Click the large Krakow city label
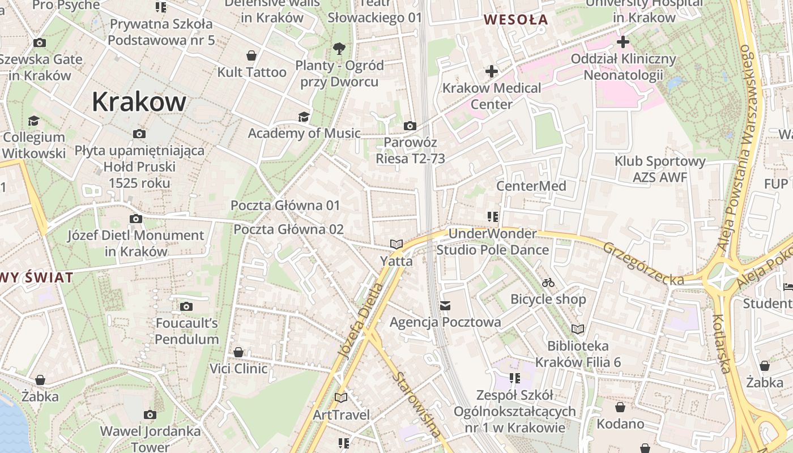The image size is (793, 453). [x=139, y=102]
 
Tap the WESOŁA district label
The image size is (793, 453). [x=515, y=20]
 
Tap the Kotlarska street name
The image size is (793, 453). [x=721, y=344]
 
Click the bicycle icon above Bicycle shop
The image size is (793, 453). [x=548, y=282]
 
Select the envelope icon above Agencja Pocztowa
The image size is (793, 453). [x=445, y=306]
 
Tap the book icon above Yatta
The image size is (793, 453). [x=396, y=245]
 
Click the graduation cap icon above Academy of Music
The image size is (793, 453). [x=304, y=117]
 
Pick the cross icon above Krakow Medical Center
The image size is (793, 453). [x=491, y=71]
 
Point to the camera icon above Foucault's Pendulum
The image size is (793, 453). [x=186, y=307]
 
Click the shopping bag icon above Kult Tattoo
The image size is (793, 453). [x=251, y=55]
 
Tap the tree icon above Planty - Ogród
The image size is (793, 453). [x=339, y=48]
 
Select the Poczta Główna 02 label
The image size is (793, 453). [x=289, y=229]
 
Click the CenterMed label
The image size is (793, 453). [x=531, y=186]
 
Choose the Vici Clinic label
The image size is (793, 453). [x=238, y=369]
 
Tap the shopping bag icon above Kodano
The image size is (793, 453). [x=620, y=407]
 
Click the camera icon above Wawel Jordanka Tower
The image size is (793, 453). [x=150, y=414]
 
